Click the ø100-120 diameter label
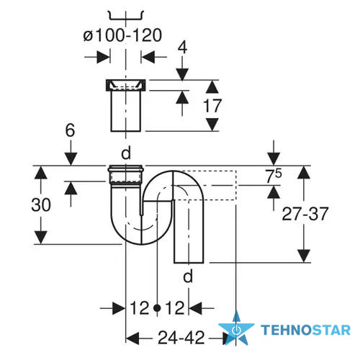122,35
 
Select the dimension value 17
212,106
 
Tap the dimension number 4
182,48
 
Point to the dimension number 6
70,130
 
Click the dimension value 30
41,205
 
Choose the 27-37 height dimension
305,214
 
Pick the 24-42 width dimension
181,338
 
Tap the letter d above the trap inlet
126,153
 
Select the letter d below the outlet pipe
188,276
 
